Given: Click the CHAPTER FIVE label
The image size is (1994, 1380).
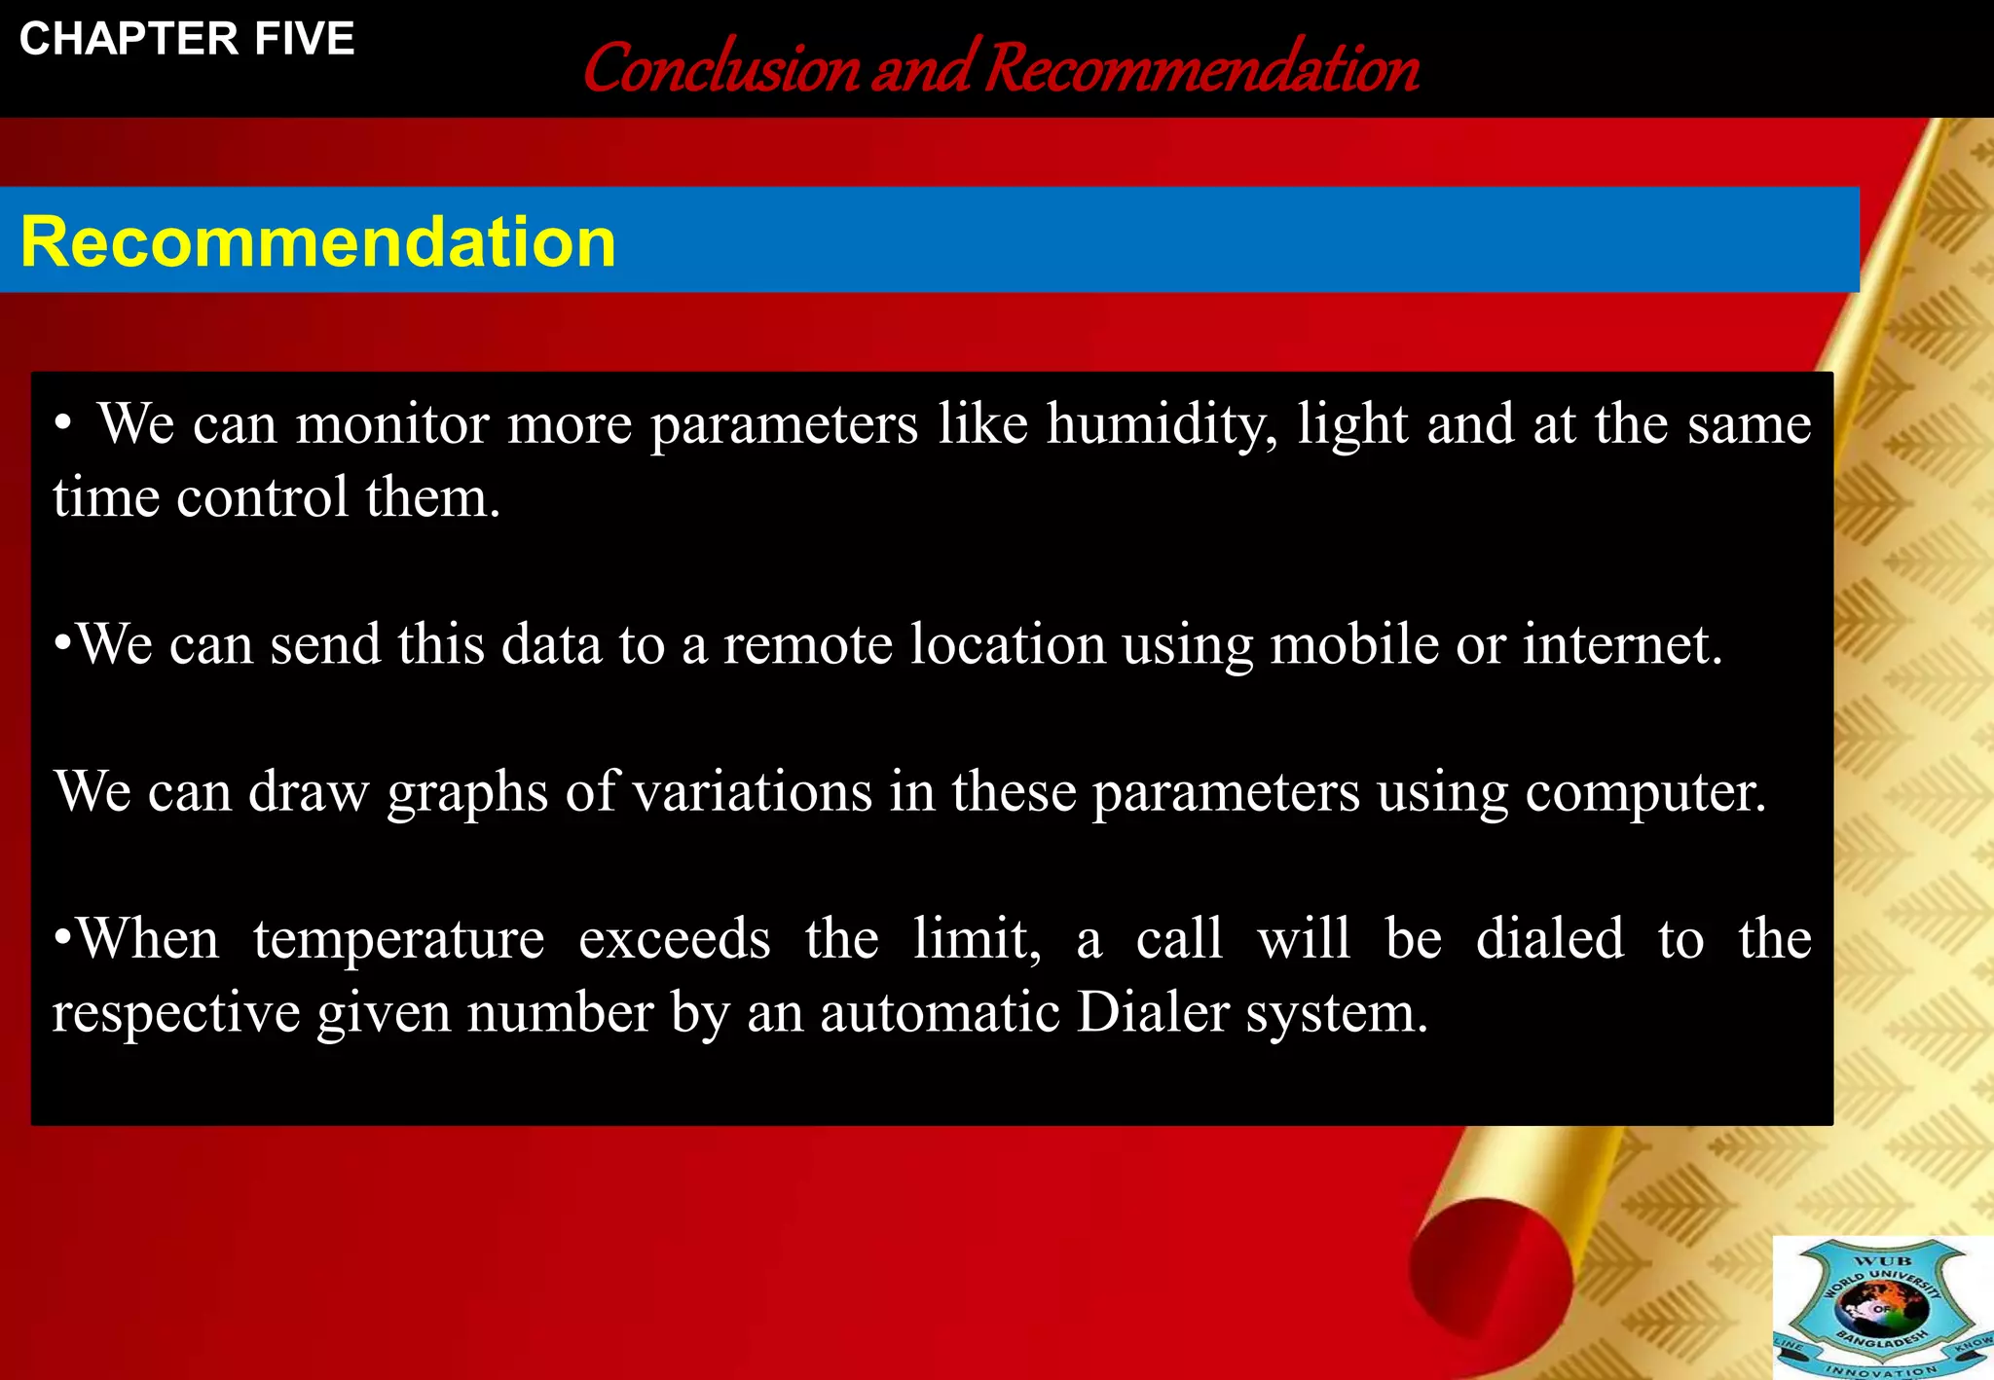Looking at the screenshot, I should [187, 39].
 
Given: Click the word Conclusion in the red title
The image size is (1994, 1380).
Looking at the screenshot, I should [721, 70].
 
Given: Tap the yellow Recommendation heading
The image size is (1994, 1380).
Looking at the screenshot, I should [318, 241].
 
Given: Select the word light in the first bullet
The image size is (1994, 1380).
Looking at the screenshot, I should [1351, 425].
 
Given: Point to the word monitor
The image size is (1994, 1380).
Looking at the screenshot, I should [392, 425].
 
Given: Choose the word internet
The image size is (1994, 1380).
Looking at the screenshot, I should [1622, 645].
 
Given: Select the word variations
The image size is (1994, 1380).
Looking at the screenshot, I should [752, 791].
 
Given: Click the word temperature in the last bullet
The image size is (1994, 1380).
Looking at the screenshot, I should [398, 940].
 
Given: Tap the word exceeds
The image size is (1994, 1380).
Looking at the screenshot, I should [674, 940].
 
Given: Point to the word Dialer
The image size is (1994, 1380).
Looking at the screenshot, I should [1153, 1013].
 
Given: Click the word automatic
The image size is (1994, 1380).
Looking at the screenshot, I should [939, 1013].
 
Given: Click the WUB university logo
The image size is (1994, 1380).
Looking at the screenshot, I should [1882, 1307].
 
